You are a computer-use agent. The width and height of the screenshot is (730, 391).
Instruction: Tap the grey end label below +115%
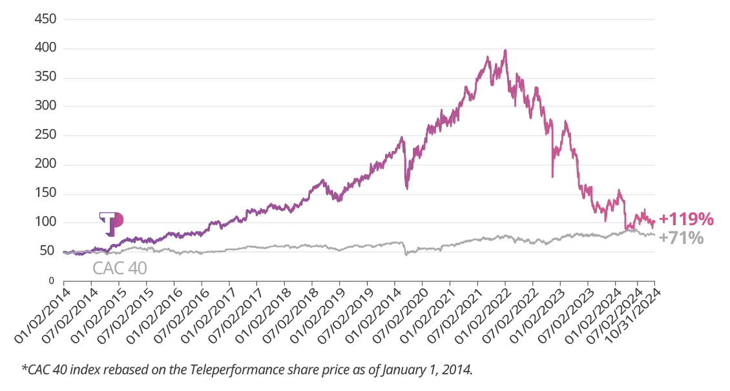pos(688,239)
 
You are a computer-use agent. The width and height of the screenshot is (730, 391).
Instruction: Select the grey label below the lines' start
pos(120,266)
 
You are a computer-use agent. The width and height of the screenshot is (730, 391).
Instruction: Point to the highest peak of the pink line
pos(505,51)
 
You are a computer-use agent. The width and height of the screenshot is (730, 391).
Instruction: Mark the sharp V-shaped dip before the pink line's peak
pos(408,187)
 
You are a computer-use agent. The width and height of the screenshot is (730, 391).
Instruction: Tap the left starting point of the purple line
pos(63,254)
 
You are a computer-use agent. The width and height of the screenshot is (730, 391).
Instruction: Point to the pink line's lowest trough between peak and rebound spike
pos(552,177)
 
